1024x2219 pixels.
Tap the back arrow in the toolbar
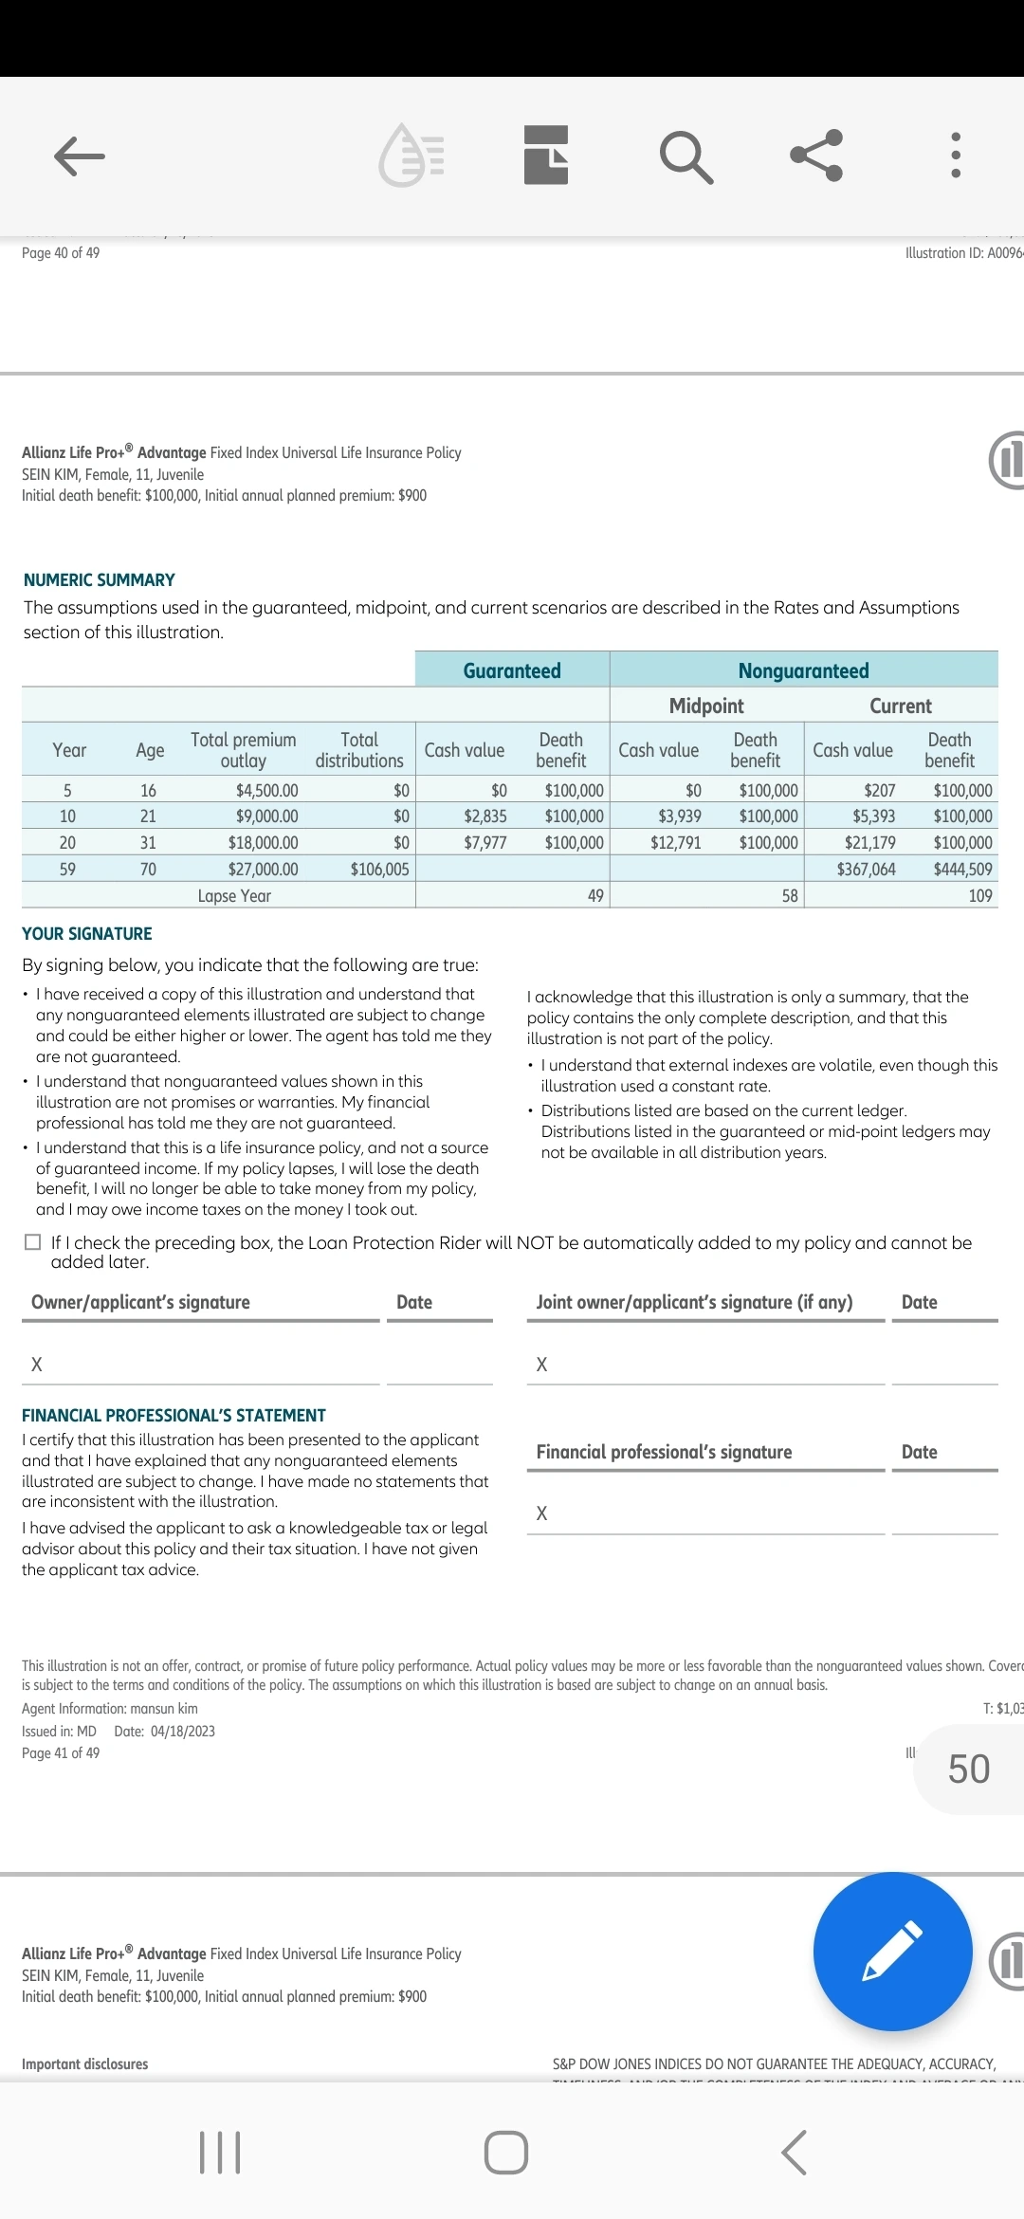80,156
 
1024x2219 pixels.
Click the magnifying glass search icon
686,156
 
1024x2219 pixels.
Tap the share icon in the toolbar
816,156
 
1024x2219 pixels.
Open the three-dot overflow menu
955,156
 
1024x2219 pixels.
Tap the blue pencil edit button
892,1952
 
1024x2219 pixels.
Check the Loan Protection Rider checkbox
33,1242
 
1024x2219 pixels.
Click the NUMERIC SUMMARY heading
100,579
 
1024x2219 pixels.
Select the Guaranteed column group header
512,670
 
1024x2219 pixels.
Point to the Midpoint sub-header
706,706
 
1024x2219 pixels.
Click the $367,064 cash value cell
866,869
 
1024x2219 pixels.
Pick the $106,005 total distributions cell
379,869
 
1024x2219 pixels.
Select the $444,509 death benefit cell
962,869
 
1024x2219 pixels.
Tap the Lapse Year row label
234,895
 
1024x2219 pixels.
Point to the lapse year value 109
979,895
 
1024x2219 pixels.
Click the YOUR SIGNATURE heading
87,933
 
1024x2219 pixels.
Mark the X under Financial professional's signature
541,1513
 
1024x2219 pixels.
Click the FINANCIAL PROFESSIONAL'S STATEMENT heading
174,1415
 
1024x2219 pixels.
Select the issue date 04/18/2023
182,1731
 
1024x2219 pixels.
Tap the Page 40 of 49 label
61,252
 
